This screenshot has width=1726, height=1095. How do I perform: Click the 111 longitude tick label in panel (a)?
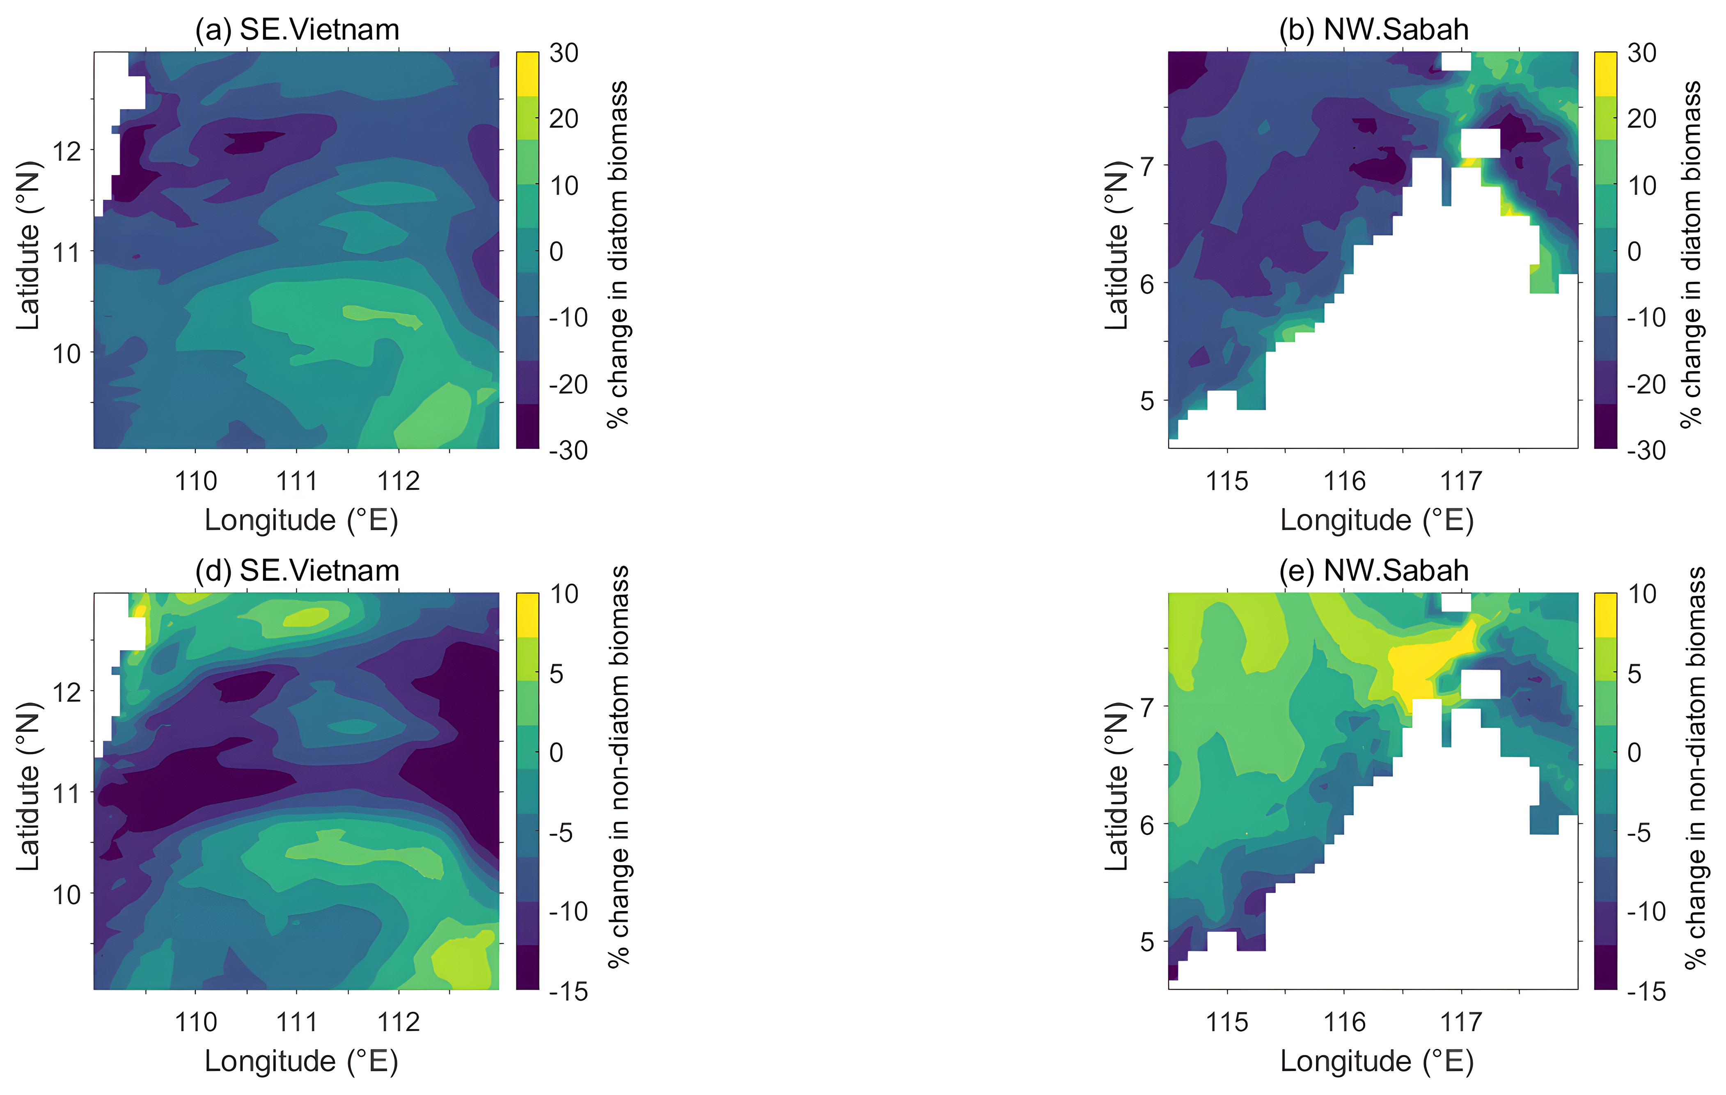click(297, 481)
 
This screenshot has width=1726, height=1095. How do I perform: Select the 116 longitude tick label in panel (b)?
click(1344, 481)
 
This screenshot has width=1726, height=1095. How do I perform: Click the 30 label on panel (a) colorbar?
click(564, 53)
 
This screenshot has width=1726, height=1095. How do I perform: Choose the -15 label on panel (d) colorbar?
click(568, 992)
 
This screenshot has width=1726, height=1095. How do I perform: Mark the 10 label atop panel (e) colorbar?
click(1641, 594)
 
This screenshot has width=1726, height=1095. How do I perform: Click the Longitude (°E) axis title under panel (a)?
click(301, 520)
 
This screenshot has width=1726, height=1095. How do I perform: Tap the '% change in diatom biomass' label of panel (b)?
click(1692, 254)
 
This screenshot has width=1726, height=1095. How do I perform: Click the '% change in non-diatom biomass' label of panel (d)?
click(618, 767)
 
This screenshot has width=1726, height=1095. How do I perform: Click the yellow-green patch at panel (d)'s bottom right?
click(466, 960)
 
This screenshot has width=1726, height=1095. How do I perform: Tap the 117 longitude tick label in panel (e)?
click(1461, 1022)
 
